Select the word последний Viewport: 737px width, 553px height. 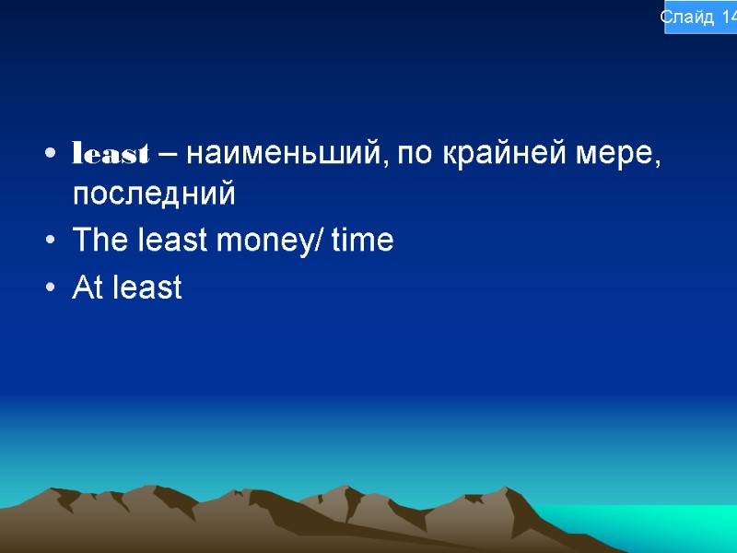(154, 194)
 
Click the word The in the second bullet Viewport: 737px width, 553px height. (97, 241)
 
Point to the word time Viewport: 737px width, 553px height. (362, 241)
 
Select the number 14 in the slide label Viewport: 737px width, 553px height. (727, 18)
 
